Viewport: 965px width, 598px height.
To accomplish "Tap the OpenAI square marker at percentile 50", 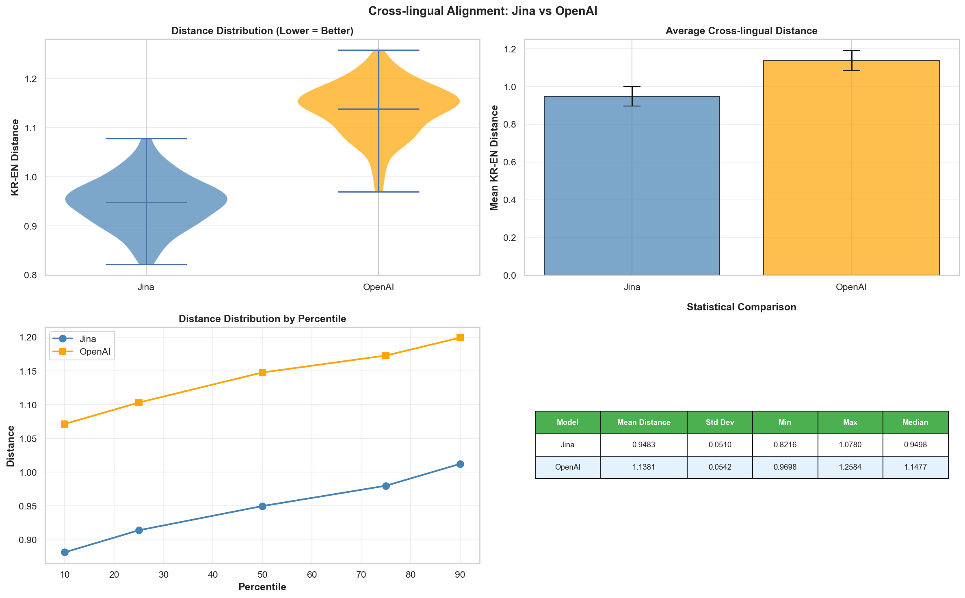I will pyautogui.click(x=262, y=373).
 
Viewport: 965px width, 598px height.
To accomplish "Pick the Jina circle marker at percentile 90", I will pyautogui.click(x=460, y=464).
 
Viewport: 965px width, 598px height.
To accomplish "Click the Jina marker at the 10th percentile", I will pyautogui.click(x=65, y=552).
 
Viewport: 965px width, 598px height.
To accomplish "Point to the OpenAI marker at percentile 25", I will pyautogui.click(x=139, y=403).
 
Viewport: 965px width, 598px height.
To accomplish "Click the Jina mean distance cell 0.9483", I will pyautogui.click(x=643, y=444).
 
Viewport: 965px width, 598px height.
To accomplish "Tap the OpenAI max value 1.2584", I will pyautogui.click(x=850, y=467).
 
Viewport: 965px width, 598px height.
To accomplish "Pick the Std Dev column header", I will pyautogui.click(x=720, y=422).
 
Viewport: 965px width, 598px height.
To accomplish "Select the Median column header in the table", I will pyautogui.click(x=915, y=422).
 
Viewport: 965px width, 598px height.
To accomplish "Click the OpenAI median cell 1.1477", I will pyautogui.click(x=915, y=467).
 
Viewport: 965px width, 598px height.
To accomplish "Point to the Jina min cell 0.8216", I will pyautogui.click(x=785, y=444).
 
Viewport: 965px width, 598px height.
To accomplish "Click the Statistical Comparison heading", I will pyautogui.click(x=741, y=307).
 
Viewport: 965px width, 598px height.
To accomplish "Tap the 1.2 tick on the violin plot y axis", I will pyautogui.click(x=31, y=79).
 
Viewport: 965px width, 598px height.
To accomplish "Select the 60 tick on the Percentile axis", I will pyautogui.click(x=312, y=574).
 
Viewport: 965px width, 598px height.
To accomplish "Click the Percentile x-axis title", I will pyautogui.click(x=262, y=587).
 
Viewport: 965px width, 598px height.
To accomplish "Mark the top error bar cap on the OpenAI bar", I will pyautogui.click(x=851, y=50).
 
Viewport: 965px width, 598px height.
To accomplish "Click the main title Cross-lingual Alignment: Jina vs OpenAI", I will pyautogui.click(x=482, y=11).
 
